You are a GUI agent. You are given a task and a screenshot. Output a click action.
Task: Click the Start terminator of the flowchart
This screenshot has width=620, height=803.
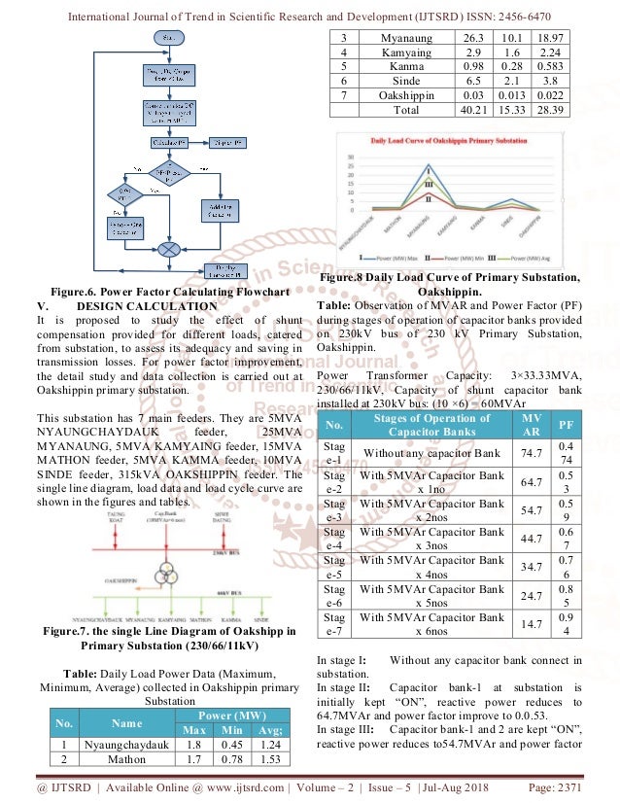coord(169,38)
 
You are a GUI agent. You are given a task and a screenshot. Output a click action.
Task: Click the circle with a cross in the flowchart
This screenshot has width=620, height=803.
coord(169,249)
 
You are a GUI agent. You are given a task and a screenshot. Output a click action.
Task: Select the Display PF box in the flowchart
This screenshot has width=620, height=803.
coord(228,142)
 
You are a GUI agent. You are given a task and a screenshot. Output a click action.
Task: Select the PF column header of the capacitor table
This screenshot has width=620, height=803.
coord(566,425)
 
